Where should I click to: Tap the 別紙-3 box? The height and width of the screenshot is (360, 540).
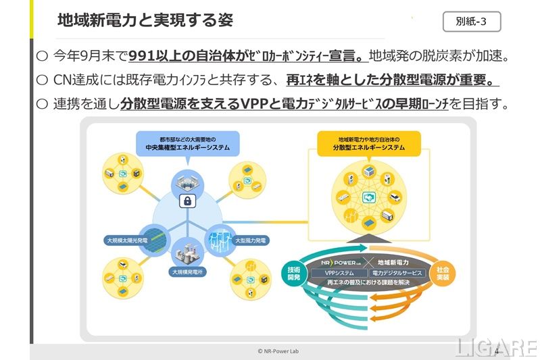pos(471,21)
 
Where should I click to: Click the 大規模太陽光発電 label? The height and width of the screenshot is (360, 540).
pos(130,240)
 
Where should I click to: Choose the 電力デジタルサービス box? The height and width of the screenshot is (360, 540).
pos(396,273)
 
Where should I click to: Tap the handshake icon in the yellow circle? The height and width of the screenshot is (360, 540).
pos(369,196)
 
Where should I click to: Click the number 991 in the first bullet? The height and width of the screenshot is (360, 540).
pos(142,56)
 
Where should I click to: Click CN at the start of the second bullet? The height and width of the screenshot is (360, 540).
pos(62,80)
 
